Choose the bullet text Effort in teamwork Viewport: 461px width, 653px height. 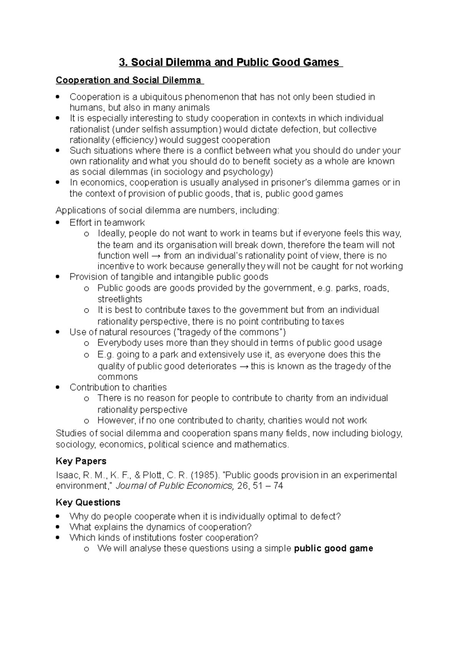coord(107,223)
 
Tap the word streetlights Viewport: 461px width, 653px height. coord(119,299)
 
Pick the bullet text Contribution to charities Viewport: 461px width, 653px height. coord(118,387)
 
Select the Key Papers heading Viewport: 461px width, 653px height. coord(81,461)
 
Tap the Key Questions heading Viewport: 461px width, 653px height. coord(88,503)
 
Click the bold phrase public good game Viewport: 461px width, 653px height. coord(333,548)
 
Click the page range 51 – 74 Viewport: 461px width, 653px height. coord(268,486)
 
